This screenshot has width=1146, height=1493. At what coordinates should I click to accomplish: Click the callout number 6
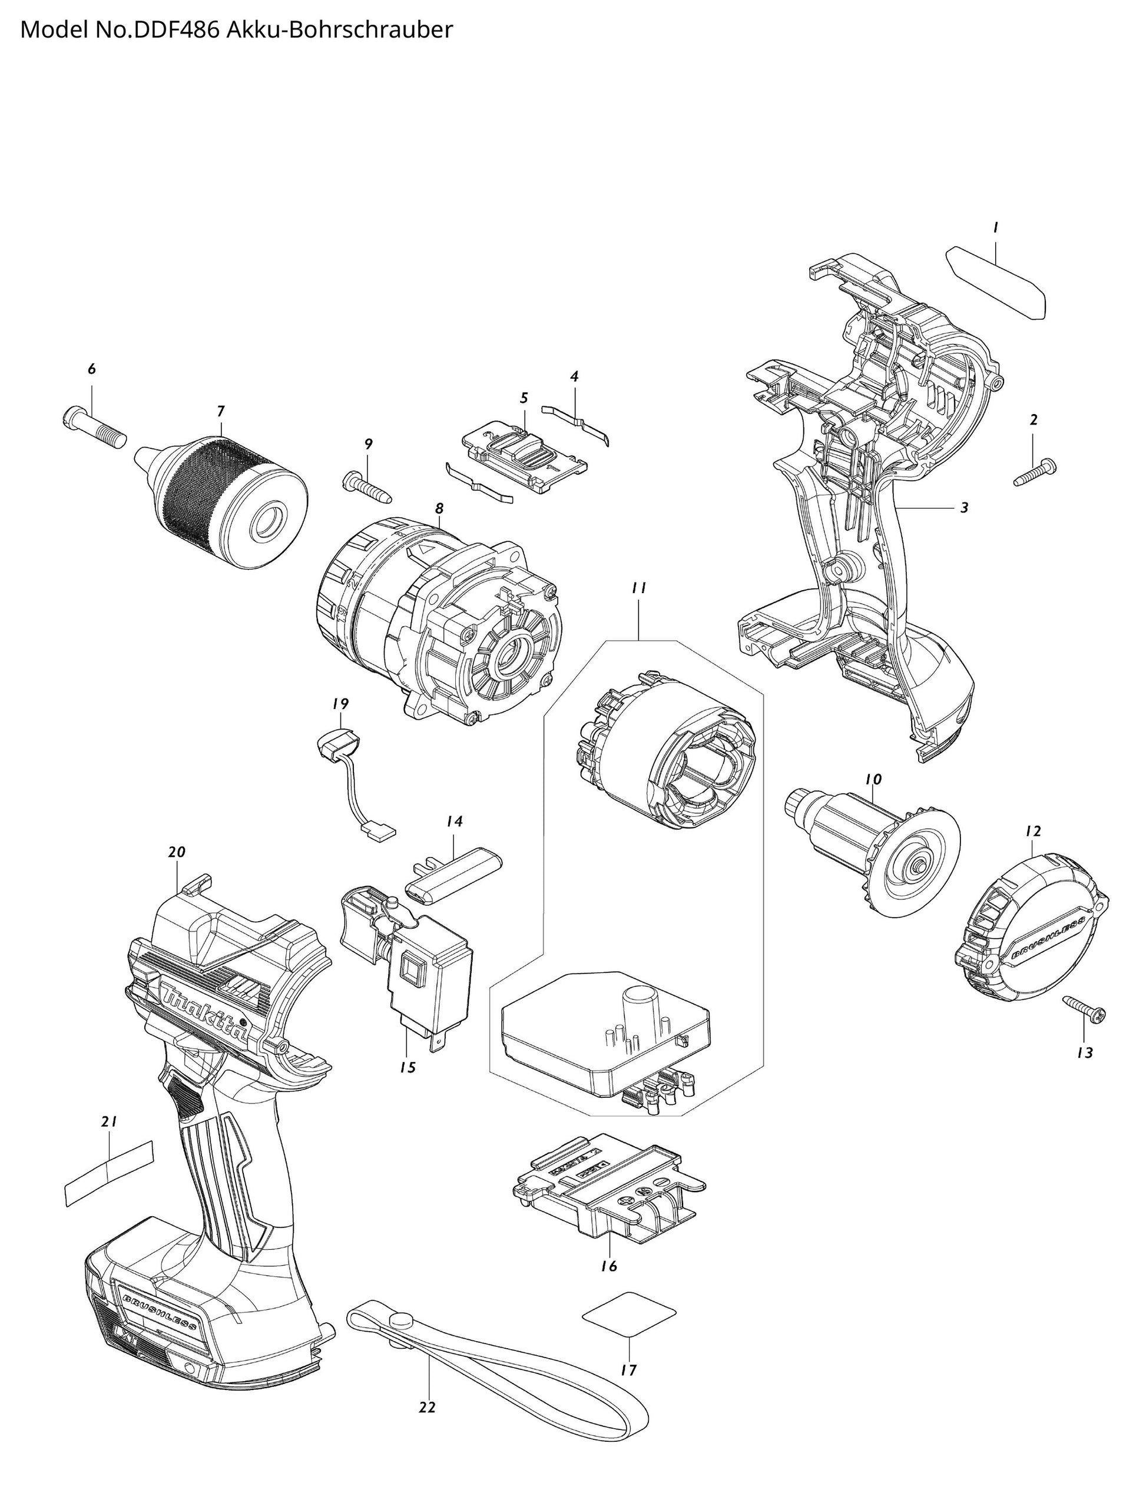click(91, 369)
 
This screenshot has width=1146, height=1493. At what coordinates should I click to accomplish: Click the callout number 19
click(340, 704)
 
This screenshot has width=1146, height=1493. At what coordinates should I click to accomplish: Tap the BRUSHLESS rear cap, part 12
click(1031, 935)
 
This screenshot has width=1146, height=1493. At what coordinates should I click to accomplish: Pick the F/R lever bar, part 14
click(453, 876)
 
